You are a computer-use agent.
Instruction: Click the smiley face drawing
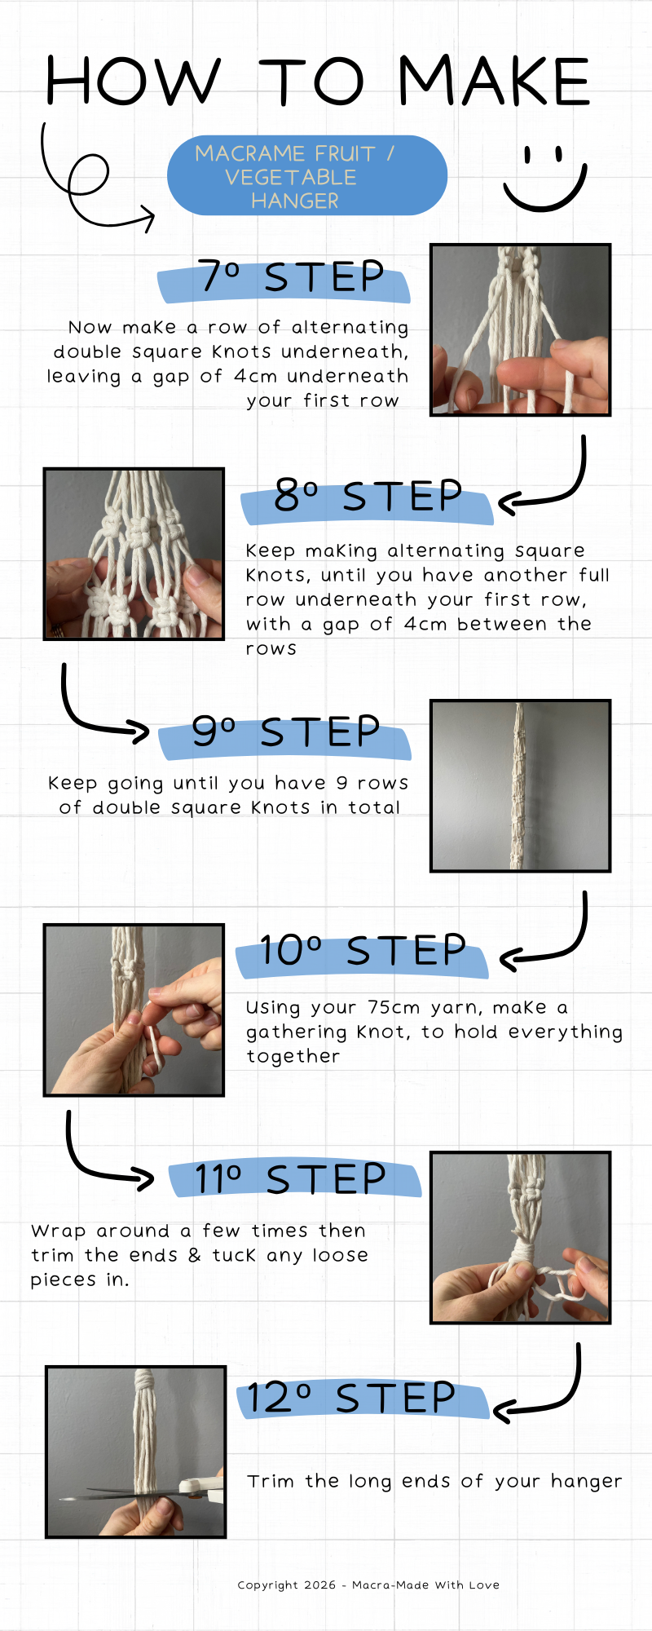click(544, 179)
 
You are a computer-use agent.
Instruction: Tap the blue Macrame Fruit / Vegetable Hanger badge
click(307, 176)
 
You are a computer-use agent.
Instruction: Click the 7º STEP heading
click(291, 277)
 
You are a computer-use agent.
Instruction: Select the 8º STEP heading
click(368, 497)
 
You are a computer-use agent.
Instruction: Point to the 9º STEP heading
click(285, 732)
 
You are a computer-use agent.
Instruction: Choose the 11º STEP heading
click(291, 1179)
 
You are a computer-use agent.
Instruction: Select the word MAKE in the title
click(493, 82)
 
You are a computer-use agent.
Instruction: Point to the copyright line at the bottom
click(368, 1585)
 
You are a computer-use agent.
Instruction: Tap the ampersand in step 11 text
click(194, 1256)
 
